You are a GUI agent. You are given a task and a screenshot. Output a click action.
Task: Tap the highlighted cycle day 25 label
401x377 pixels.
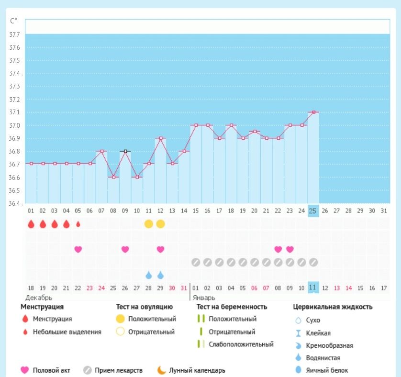[313, 211]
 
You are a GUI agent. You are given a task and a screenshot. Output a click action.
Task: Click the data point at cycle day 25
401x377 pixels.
[313, 112]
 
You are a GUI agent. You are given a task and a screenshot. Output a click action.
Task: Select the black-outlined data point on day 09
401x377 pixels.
[125, 151]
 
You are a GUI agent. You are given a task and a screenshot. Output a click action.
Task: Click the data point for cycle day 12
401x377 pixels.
[160, 138]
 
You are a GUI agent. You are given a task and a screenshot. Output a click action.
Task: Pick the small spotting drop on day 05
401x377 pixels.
[78, 224]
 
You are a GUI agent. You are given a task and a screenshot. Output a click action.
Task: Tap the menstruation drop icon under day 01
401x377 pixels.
[31, 224]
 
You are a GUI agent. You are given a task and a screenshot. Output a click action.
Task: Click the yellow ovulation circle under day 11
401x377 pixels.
[149, 224]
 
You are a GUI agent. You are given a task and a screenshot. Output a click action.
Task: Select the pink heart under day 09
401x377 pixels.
[125, 249]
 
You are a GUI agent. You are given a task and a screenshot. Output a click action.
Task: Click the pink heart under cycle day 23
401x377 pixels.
[290, 249]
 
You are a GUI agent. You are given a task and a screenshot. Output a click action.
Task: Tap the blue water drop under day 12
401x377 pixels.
[160, 275]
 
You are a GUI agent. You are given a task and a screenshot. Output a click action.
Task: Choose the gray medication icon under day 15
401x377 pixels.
[195, 262]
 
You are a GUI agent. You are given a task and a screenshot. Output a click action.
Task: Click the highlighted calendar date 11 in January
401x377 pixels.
[313, 288]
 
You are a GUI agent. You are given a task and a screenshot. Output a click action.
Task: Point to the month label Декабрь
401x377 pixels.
[39, 298]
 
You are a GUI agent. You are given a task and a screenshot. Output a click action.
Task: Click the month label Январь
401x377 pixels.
[203, 298]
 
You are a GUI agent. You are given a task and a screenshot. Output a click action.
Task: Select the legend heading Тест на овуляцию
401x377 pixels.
[144, 307]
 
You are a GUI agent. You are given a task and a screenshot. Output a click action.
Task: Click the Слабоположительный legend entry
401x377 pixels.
[241, 344]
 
